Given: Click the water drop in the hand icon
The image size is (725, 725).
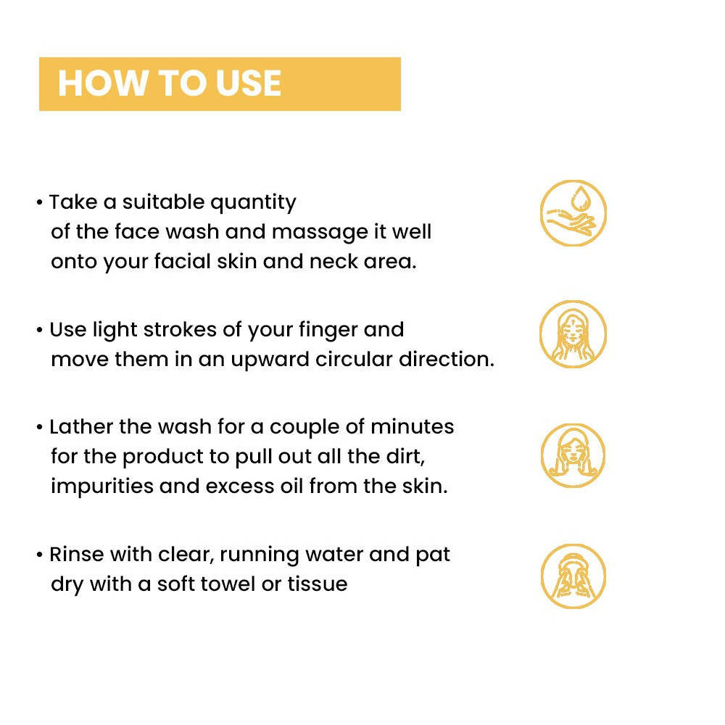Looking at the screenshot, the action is coord(580,199).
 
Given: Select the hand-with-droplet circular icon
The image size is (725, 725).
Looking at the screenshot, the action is coord(573,213).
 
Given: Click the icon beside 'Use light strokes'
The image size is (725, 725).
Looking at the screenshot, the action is coord(573,333).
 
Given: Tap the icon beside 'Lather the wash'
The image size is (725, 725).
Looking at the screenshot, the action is coord(573,455).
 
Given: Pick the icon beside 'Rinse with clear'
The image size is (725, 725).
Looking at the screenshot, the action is coord(573,576).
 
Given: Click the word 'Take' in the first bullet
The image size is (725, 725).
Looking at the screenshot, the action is coord(73,202).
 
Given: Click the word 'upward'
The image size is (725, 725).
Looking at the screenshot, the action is coord(270,360).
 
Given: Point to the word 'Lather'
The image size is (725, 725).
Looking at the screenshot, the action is coord(81,427).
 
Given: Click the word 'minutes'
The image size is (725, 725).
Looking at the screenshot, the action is coord(413,427).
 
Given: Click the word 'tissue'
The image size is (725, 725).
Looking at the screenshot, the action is coord(318,584).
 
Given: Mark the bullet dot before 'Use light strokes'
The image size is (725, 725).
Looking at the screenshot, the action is coord(40,330).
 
